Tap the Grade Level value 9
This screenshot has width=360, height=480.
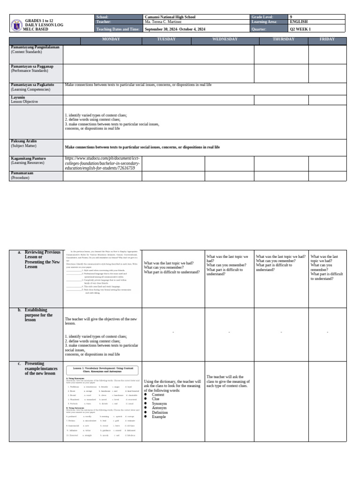[291, 16]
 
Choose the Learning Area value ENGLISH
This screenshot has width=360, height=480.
[299, 22]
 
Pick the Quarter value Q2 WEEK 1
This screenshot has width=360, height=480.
[300, 29]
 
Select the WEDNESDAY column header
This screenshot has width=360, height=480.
[225, 39]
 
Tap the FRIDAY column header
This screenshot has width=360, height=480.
[327, 39]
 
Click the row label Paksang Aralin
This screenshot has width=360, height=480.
[23, 141]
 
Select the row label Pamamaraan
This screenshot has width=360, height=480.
[22, 173]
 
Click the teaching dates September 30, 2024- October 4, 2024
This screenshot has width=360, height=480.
[175, 29]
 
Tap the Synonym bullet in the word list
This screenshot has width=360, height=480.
[159, 403]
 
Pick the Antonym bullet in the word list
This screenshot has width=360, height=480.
[159, 407]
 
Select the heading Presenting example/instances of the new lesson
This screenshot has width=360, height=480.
[40, 368]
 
